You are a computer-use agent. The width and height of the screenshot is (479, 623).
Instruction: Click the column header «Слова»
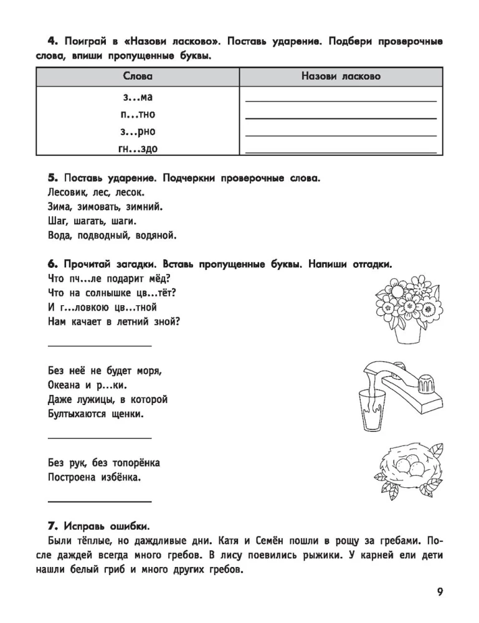click(x=138, y=76)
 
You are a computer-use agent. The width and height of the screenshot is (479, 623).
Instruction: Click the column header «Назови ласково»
click(x=341, y=76)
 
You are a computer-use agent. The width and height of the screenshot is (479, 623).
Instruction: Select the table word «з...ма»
click(x=138, y=97)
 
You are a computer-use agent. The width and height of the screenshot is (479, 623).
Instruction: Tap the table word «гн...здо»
click(x=138, y=148)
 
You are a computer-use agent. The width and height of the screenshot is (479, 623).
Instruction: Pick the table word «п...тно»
click(x=138, y=114)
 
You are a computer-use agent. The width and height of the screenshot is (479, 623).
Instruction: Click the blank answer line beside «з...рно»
click(x=341, y=135)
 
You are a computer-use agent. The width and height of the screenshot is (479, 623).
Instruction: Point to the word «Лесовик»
click(x=67, y=193)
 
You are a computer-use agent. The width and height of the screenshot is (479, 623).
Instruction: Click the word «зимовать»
click(x=106, y=207)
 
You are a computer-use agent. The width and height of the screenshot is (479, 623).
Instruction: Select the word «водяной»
click(x=156, y=235)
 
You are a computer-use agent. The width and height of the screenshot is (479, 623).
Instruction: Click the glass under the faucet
click(x=372, y=409)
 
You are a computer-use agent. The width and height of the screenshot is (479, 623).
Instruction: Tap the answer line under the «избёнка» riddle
click(x=99, y=501)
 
